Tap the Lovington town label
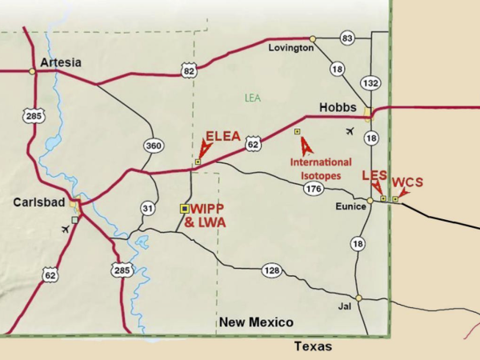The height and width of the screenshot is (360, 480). (x=290, y=48)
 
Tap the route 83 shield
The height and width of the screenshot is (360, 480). (x=346, y=38)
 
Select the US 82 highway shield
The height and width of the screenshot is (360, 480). (x=190, y=71)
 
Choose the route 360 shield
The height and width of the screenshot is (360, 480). (x=153, y=146)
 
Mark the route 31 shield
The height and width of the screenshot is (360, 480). (x=147, y=208)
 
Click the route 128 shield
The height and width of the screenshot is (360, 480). (x=271, y=271)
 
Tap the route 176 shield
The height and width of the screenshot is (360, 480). (x=314, y=190)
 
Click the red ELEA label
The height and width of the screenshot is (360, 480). (x=223, y=136)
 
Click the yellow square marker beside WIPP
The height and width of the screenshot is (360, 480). (x=184, y=208)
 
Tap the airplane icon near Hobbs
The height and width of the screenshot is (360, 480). (x=349, y=130)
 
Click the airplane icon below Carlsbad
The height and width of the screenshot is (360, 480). (x=66, y=230)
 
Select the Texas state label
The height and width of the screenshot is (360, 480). (x=312, y=346)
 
